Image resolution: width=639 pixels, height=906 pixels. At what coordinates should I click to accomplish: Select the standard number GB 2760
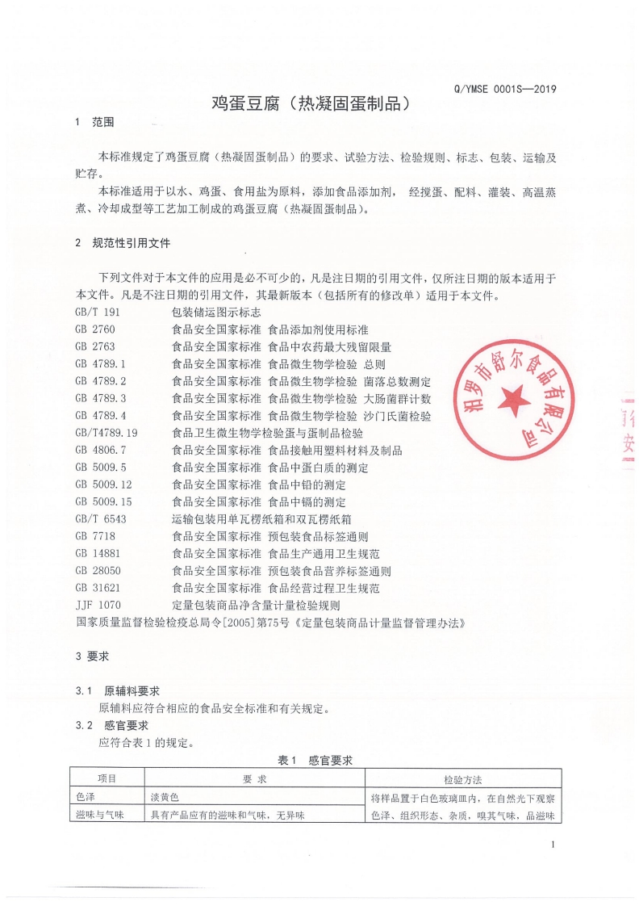(95, 329)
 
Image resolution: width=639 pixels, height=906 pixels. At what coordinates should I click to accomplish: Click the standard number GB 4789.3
(101, 398)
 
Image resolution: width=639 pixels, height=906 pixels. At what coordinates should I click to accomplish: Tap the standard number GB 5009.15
(103, 501)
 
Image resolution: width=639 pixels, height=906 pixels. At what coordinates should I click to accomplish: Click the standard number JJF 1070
(98, 605)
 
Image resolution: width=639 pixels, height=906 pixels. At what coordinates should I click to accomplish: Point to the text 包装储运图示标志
(216, 312)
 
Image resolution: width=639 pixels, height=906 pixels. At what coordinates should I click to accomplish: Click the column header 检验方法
(463, 779)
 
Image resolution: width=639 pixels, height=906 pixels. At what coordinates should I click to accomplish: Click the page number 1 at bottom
(553, 845)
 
